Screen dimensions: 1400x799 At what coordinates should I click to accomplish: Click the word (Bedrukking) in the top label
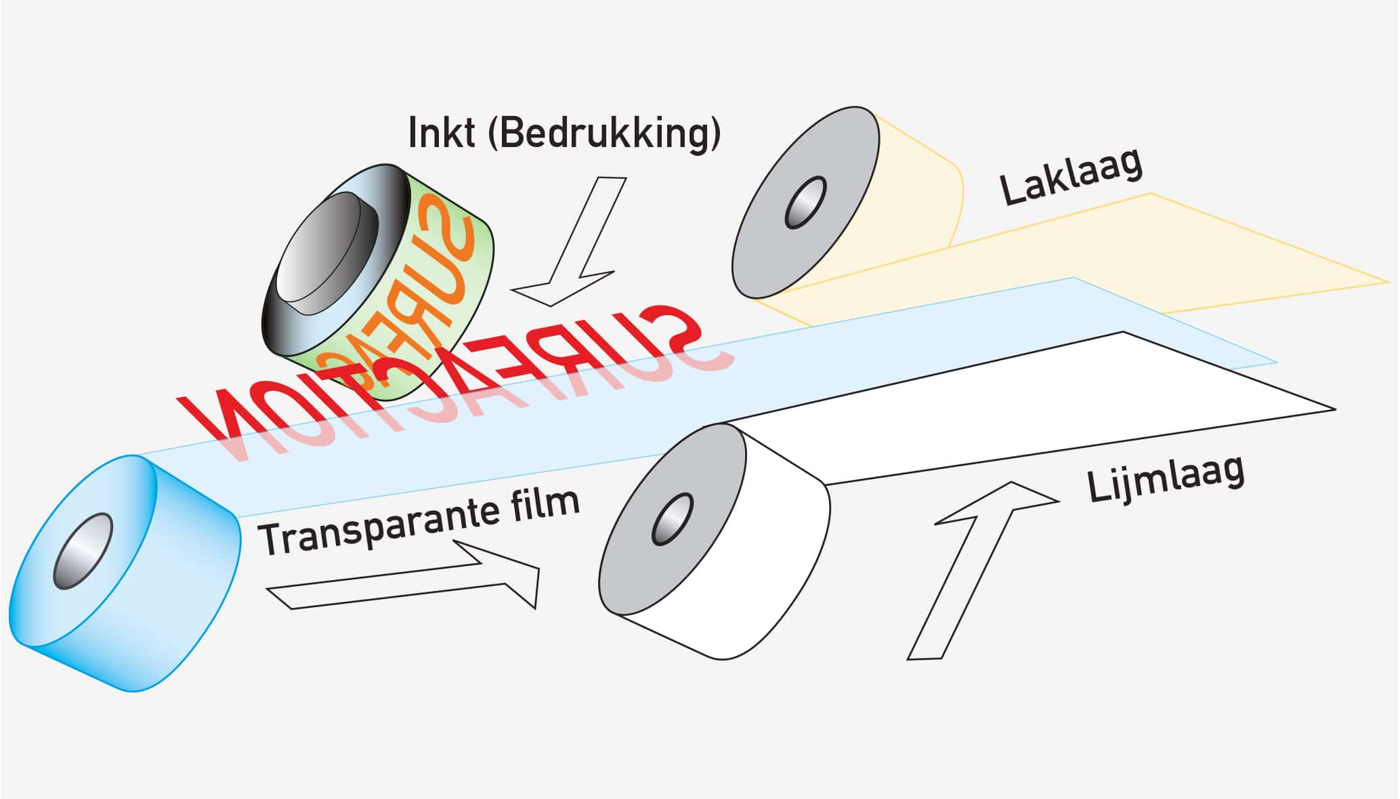click(x=604, y=134)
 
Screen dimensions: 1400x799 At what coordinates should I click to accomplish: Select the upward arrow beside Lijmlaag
click(x=982, y=570)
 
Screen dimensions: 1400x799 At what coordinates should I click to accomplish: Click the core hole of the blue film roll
click(x=83, y=551)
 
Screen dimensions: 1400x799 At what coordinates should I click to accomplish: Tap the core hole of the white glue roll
click(x=673, y=519)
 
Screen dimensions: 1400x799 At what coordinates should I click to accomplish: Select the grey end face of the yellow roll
click(x=805, y=202)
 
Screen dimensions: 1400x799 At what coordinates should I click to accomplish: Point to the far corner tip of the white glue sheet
click(x=1335, y=409)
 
